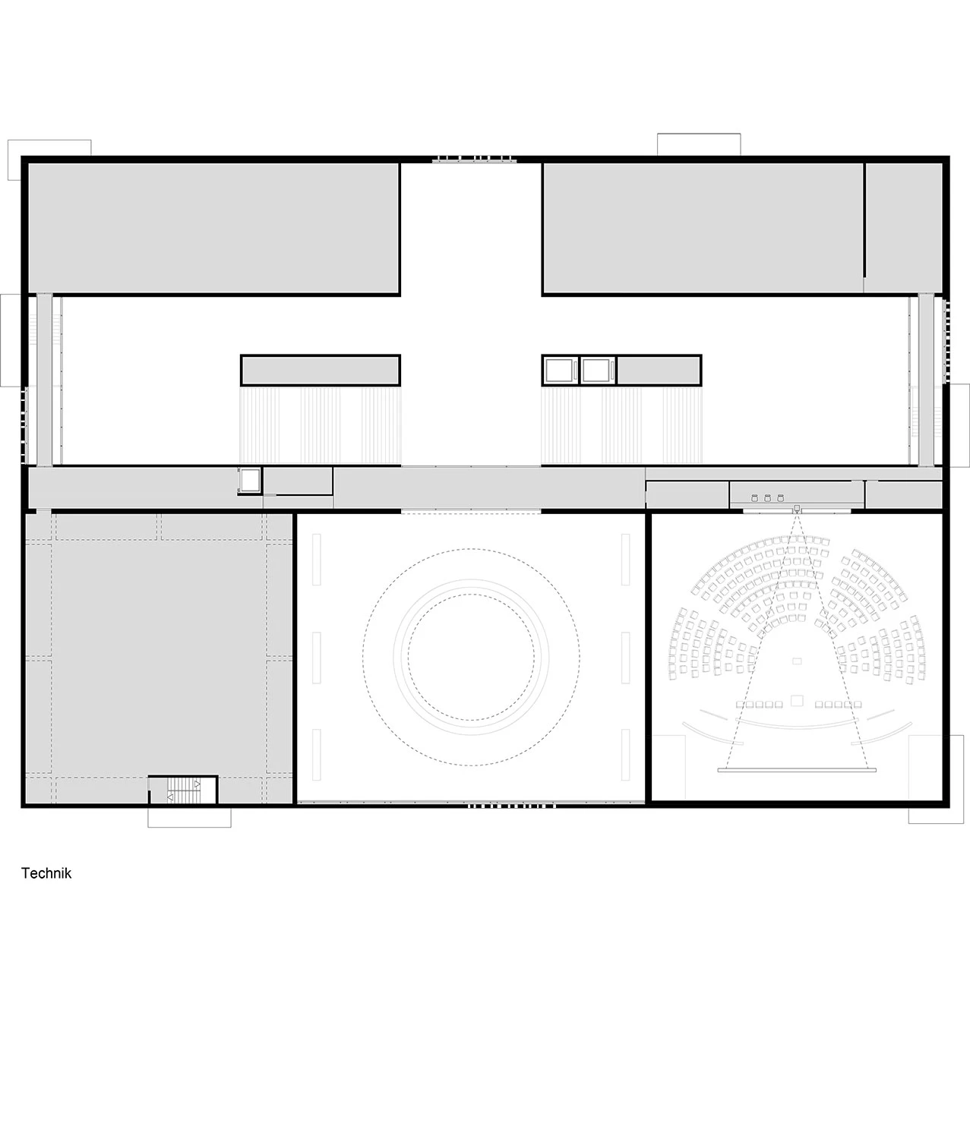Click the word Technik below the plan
point(46,873)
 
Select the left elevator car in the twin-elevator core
point(559,371)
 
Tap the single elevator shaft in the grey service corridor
point(250,481)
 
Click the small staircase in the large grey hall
point(184,790)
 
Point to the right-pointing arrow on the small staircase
point(197,784)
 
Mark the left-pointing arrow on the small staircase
point(170,797)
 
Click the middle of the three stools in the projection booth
point(767,498)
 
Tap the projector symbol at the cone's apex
point(796,508)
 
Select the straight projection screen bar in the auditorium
point(797,771)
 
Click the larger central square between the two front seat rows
point(797,701)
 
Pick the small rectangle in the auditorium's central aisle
point(797,661)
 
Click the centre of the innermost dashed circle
point(471,657)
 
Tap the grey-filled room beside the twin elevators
point(658,371)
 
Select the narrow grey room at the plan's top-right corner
point(902,228)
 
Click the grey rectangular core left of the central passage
point(321,371)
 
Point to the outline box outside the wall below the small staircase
point(189,817)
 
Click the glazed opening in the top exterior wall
point(474,159)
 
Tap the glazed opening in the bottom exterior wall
point(511,806)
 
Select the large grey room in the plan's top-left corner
point(213,228)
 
